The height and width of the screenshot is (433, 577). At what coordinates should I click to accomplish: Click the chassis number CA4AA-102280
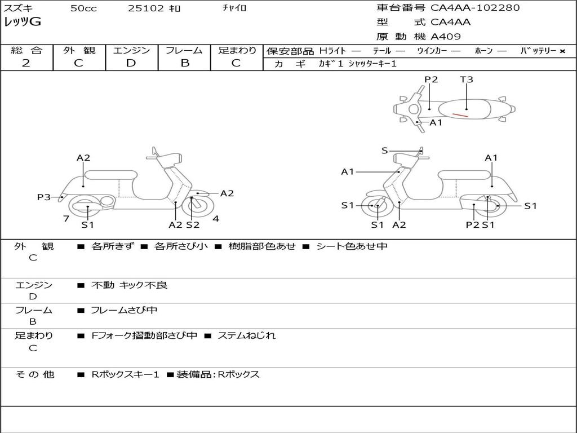coord(475,8)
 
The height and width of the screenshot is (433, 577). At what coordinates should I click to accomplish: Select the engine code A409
coord(446,37)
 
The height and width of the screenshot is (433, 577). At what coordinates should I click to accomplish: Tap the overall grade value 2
coord(26,63)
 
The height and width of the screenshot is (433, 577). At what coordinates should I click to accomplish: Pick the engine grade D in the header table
coord(131,63)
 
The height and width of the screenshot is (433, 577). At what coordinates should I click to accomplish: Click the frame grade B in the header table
coord(185,63)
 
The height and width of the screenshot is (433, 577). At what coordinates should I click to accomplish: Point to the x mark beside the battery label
coord(562,51)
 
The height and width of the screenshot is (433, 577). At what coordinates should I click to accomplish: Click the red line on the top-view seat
coord(460,115)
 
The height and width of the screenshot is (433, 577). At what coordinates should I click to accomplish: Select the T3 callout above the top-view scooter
coord(466,79)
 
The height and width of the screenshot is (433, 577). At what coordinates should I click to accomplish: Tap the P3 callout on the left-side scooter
coord(43,197)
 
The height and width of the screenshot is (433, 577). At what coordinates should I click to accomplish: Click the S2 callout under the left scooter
coord(193,224)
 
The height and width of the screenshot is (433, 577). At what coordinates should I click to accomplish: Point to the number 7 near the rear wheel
coord(66,219)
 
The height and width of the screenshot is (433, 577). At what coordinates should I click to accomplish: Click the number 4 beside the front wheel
coord(216,219)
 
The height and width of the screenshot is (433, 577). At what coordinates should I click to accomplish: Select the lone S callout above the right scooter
coord(384,151)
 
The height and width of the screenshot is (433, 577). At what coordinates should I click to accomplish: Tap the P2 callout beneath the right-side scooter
coord(472,224)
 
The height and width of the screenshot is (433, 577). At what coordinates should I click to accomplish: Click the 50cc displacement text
coord(83,8)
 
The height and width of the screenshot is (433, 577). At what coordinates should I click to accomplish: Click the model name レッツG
coord(23,22)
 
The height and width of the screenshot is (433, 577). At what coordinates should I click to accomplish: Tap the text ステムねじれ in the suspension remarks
coord(247,335)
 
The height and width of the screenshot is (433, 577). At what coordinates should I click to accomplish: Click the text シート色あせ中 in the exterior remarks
coord(352,246)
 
